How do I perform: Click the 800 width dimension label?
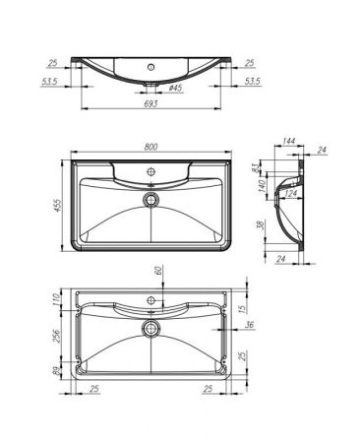pyautogui.click(x=151, y=147)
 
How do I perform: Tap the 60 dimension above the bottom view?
pyautogui.click(x=156, y=271)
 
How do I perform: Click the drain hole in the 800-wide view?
pyautogui.click(x=150, y=198)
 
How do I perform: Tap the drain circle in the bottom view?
pyautogui.click(x=150, y=327)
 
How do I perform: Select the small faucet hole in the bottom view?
pyautogui.click(x=150, y=296)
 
